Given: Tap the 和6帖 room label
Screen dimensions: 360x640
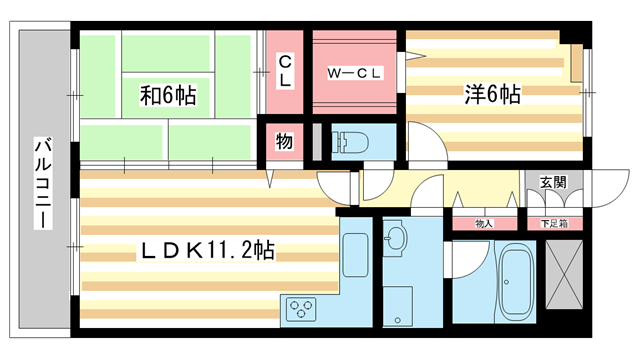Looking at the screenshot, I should (x=167, y=97).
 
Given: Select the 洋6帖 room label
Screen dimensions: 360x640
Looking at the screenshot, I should (x=491, y=96).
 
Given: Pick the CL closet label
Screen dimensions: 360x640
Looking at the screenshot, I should (x=284, y=72).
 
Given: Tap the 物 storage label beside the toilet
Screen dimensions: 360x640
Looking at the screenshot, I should (x=284, y=141).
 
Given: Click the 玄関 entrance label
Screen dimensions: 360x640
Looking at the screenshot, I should (x=553, y=182).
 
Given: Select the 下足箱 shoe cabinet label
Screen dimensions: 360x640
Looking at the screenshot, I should (x=553, y=223).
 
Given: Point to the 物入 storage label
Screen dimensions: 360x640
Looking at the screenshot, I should (x=483, y=223).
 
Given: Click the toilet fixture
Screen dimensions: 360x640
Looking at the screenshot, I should (x=352, y=142).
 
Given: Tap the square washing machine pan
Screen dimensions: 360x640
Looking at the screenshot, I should (x=397, y=301).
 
